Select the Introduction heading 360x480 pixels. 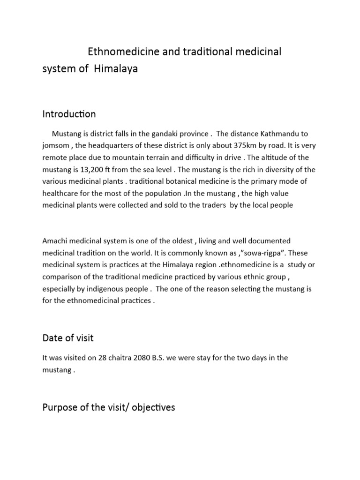69,114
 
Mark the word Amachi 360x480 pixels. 56,240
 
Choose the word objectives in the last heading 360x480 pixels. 151,407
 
